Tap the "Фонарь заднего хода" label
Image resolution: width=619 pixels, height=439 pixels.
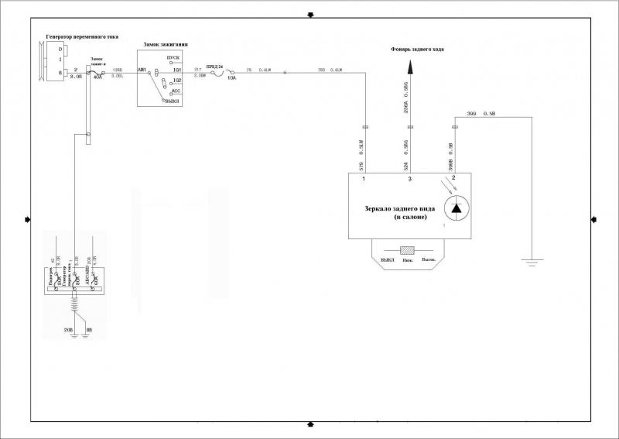416,50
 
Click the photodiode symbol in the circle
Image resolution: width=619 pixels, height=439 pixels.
457,207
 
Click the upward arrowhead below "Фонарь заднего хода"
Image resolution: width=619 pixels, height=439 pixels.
411,69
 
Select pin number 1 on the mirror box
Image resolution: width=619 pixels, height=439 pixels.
365,179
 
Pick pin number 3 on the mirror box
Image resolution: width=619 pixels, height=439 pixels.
411,179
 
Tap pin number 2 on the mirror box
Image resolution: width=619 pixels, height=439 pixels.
454,179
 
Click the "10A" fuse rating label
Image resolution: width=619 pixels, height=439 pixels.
231,78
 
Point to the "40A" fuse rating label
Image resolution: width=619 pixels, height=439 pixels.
97,77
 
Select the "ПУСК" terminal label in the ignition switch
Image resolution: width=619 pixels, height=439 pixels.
174,60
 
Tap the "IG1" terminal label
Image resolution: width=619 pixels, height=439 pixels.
176,70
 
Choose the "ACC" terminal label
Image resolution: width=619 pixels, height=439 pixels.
176,91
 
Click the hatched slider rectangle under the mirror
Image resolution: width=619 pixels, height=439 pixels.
408,251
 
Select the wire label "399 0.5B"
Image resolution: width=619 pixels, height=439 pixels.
482,115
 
